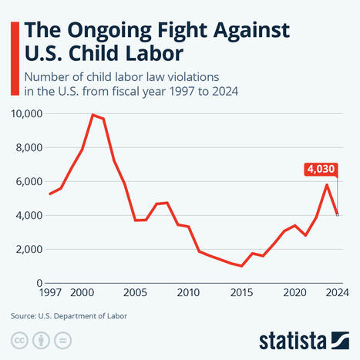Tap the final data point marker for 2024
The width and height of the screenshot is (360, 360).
(338, 215)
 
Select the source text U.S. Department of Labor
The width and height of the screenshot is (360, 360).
(82, 316)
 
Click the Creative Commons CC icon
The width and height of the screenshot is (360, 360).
(20, 341)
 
